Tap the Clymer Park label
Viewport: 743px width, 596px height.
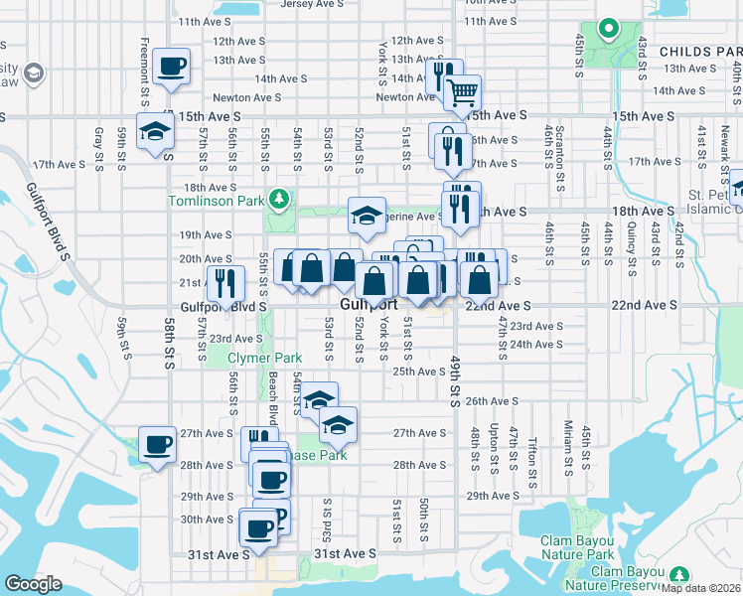[x=264, y=358]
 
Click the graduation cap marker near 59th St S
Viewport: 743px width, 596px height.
[x=155, y=130]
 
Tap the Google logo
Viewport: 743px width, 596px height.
[x=33, y=584]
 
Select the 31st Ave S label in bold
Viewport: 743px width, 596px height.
[x=345, y=553]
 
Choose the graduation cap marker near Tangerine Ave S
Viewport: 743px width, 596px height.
[x=366, y=216]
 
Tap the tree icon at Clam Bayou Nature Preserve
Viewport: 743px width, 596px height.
[x=680, y=575]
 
